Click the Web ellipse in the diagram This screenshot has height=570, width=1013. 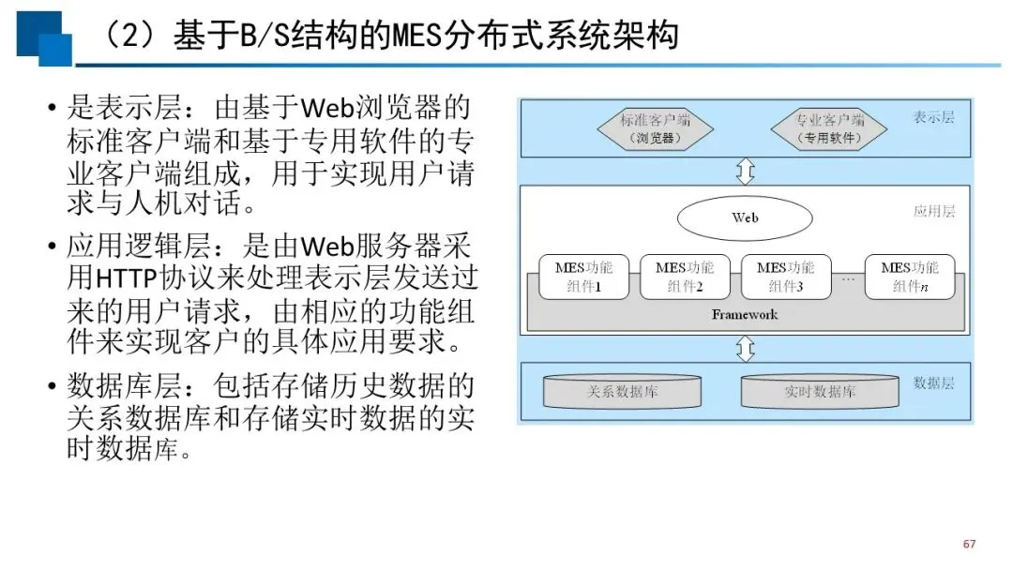744,218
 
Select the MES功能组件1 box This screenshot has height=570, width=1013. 583,277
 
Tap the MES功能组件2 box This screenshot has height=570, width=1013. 685,277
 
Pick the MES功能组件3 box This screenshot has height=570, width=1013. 786,277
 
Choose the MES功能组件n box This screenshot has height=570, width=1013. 910,277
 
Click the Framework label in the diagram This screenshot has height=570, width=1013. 744,314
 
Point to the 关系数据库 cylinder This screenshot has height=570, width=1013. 622,391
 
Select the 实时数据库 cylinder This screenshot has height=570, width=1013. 820,391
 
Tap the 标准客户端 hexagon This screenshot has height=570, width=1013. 655,129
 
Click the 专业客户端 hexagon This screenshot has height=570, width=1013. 829,129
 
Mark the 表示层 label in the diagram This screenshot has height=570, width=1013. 933,117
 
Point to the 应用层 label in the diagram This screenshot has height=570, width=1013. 933,211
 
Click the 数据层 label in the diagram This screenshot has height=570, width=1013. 933,382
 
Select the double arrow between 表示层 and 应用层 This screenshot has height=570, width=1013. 746,171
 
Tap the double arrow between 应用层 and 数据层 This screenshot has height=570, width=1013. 746,349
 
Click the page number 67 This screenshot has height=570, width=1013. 969,544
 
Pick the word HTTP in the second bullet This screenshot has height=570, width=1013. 127,278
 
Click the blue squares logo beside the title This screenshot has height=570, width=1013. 44,38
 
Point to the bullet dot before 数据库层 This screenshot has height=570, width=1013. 52,386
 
